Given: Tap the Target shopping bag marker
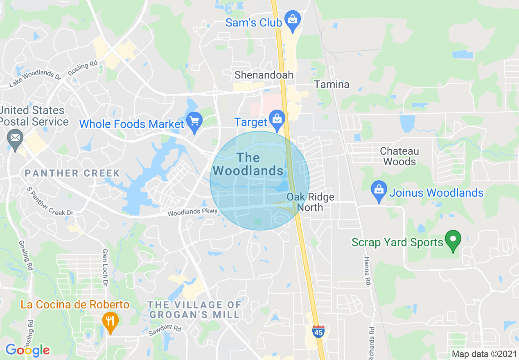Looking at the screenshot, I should [x=277, y=120].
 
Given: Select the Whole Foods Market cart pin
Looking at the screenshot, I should [x=194, y=122].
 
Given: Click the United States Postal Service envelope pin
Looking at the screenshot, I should [x=16, y=138].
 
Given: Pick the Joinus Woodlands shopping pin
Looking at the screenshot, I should [x=379, y=191].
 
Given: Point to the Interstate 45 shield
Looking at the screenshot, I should [x=318, y=331].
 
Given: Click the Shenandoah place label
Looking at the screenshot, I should [x=264, y=75].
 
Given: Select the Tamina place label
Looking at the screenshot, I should [x=332, y=85].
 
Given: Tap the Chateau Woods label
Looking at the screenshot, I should [x=399, y=156].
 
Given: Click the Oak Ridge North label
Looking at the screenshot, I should [x=310, y=202].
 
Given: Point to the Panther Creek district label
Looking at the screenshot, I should [x=72, y=173].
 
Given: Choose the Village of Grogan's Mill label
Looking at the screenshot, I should [x=194, y=310].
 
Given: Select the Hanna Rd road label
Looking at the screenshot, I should [x=367, y=271].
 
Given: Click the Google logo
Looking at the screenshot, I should [x=27, y=350].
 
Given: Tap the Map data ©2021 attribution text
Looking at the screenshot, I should [x=483, y=354].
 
